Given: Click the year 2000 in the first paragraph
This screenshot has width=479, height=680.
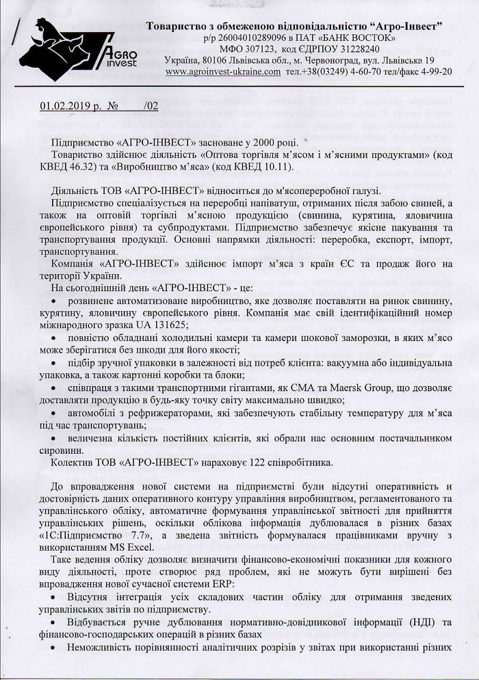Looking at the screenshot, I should (x=261, y=142).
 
